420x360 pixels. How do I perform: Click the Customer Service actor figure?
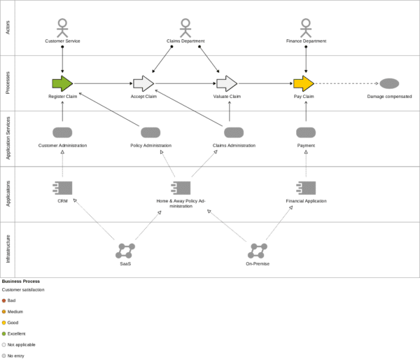point(62,28)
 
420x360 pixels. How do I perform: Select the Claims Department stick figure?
point(185,28)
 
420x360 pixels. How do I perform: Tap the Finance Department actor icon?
point(306,28)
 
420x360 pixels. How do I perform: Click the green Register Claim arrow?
point(62,84)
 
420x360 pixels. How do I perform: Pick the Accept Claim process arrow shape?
point(143,84)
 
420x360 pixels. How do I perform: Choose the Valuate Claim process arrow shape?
point(227,84)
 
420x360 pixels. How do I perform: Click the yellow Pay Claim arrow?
point(303,84)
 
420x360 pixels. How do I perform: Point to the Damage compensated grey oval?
point(389,84)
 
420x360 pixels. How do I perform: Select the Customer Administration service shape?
point(62,132)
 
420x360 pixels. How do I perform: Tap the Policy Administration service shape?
point(150,132)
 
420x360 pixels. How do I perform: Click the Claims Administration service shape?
point(234,132)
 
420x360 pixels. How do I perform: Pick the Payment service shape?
point(306,132)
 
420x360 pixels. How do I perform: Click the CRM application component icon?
point(63,188)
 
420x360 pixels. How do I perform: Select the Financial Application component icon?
point(306,188)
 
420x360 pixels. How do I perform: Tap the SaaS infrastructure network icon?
point(126,250)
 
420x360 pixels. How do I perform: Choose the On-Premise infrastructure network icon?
point(258,250)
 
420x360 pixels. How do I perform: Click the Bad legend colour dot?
point(3,300)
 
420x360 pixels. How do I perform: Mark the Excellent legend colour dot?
point(3,333)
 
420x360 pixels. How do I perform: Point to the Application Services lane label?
point(8,139)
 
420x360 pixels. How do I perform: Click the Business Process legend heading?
point(20,281)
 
